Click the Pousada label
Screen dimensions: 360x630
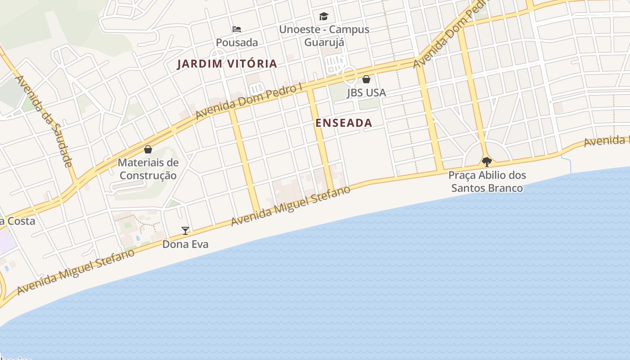coord(237,43)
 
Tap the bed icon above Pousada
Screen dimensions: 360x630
coord(237,29)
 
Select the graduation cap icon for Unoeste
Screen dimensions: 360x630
coord(324,17)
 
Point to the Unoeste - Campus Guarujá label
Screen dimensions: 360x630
coord(324,36)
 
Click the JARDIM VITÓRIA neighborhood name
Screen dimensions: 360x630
coord(227,64)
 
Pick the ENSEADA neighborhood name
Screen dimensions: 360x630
coord(344,123)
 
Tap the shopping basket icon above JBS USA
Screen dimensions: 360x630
coord(366,79)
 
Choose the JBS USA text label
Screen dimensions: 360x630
coord(366,93)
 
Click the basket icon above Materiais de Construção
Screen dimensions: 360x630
coord(148,149)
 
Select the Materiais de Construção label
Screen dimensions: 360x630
coord(148,169)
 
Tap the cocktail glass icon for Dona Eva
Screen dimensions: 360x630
coord(185,231)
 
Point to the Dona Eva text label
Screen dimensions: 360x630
coord(185,244)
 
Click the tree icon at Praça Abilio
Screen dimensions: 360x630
coord(486,162)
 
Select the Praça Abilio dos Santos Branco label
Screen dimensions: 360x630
coord(487,181)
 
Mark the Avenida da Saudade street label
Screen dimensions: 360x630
coord(44,121)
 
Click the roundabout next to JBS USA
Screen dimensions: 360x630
coord(349,75)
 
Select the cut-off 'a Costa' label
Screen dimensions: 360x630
coord(18,221)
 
